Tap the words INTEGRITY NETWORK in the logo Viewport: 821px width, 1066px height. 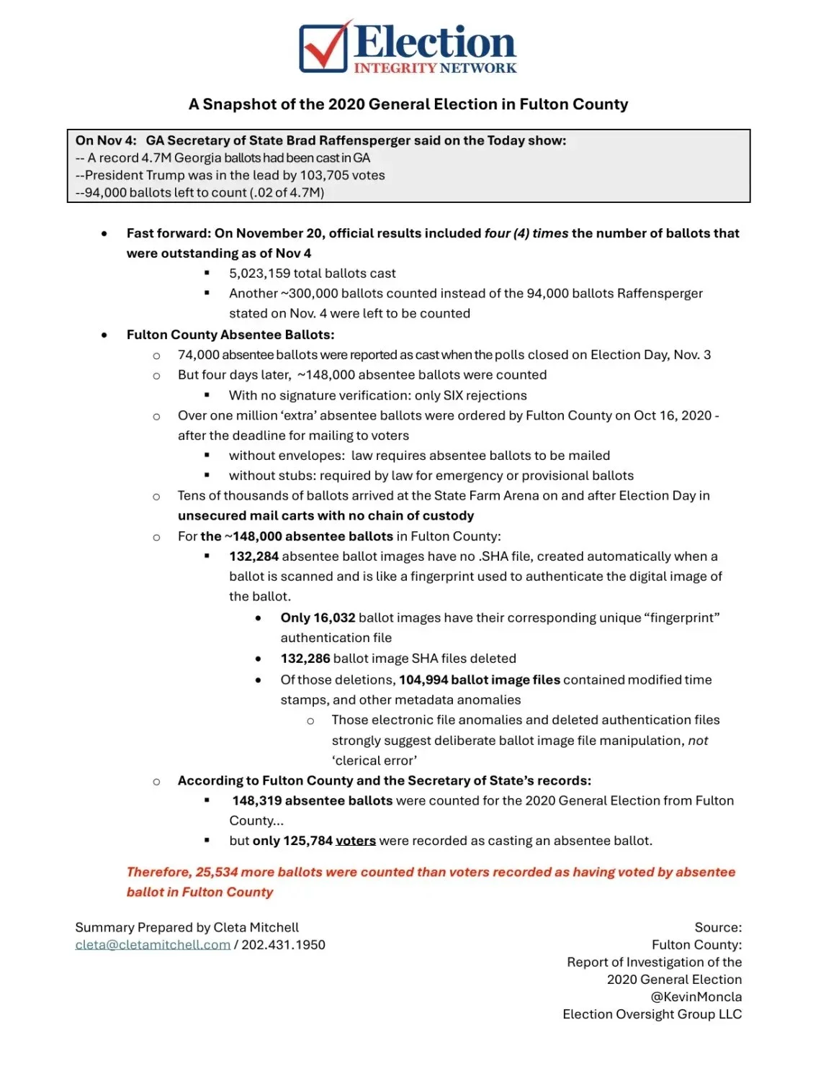click(435, 68)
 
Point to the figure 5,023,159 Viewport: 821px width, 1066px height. click(261, 274)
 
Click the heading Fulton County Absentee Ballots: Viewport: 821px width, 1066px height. click(230, 335)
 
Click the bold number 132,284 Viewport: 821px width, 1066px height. click(254, 556)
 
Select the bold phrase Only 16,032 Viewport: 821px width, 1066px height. click(318, 618)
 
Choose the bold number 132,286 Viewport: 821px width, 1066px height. click(305, 659)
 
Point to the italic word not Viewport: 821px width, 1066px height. click(698, 741)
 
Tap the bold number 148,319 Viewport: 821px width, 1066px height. click(256, 800)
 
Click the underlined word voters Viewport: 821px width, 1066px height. click(356, 841)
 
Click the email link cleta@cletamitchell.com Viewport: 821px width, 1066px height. click(153, 945)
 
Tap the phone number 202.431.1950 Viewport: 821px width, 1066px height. click(284, 945)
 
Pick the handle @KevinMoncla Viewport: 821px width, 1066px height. click(696, 997)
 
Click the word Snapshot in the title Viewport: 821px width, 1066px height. click(239, 104)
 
